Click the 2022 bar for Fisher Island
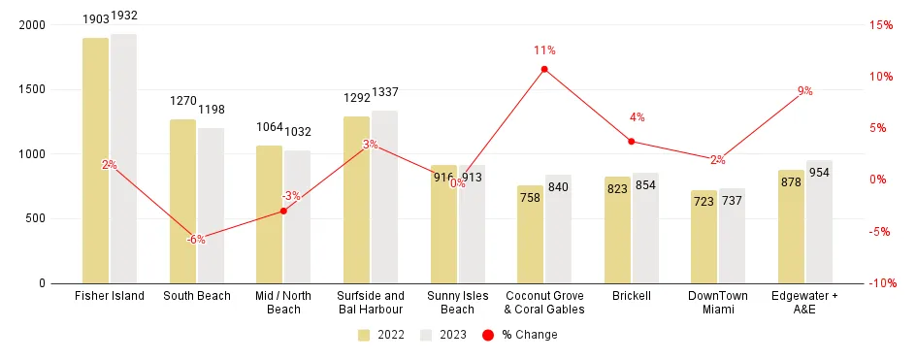95,160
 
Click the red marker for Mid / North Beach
283,211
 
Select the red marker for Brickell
631,142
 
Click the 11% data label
543,50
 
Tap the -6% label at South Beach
196,239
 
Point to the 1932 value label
125,17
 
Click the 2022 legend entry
377,335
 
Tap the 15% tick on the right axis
880,25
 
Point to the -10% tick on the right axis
878,283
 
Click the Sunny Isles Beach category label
457,302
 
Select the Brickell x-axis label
631,296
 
